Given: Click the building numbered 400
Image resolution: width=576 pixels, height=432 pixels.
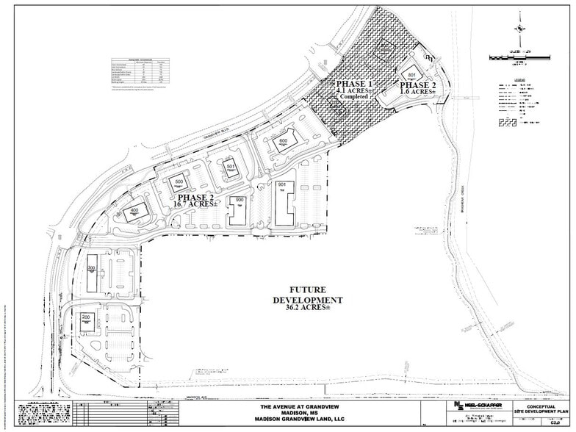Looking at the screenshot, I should [x=134, y=209].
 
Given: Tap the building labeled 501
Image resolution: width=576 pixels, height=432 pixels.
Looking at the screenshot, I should [x=230, y=167].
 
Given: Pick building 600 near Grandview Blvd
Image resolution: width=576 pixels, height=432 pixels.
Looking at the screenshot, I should [x=284, y=142].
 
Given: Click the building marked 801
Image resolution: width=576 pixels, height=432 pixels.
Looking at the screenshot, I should [x=412, y=76].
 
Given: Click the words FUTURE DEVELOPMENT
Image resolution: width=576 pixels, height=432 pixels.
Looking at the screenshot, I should [x=308, y=295].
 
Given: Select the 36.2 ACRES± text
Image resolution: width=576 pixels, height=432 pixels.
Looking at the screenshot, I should [x=308, y=309].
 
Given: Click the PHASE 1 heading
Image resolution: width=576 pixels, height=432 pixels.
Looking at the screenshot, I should [x=355, y=84].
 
